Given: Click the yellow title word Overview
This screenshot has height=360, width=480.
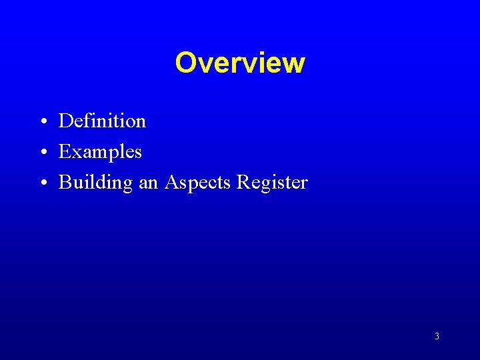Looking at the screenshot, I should tap(240, 63).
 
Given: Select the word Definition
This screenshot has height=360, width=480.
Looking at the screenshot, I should tap(102, 121).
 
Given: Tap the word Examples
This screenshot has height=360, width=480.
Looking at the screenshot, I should tap(100, 151).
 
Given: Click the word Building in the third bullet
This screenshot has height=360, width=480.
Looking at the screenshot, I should tap(96, 183).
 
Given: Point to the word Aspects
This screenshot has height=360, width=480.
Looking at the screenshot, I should tap(197, 182).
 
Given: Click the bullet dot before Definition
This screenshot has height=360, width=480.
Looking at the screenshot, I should tap(42, 122).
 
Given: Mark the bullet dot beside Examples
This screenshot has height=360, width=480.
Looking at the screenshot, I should tap(42, 153).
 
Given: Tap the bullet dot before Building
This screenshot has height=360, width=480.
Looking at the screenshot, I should tap(42, 183).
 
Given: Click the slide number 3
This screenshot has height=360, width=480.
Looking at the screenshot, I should tap(437, 337).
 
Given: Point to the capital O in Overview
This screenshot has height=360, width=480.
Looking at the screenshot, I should tap(186, 63).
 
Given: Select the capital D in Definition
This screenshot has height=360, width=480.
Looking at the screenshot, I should tap(65, 121).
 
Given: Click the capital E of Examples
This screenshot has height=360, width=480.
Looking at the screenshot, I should tap(65, 151).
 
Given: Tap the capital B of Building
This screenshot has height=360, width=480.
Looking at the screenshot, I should tap(65, 182).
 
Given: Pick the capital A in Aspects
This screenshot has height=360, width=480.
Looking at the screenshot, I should tap(171, 182).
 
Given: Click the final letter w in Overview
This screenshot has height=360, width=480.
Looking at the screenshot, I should tap(294, 64).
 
